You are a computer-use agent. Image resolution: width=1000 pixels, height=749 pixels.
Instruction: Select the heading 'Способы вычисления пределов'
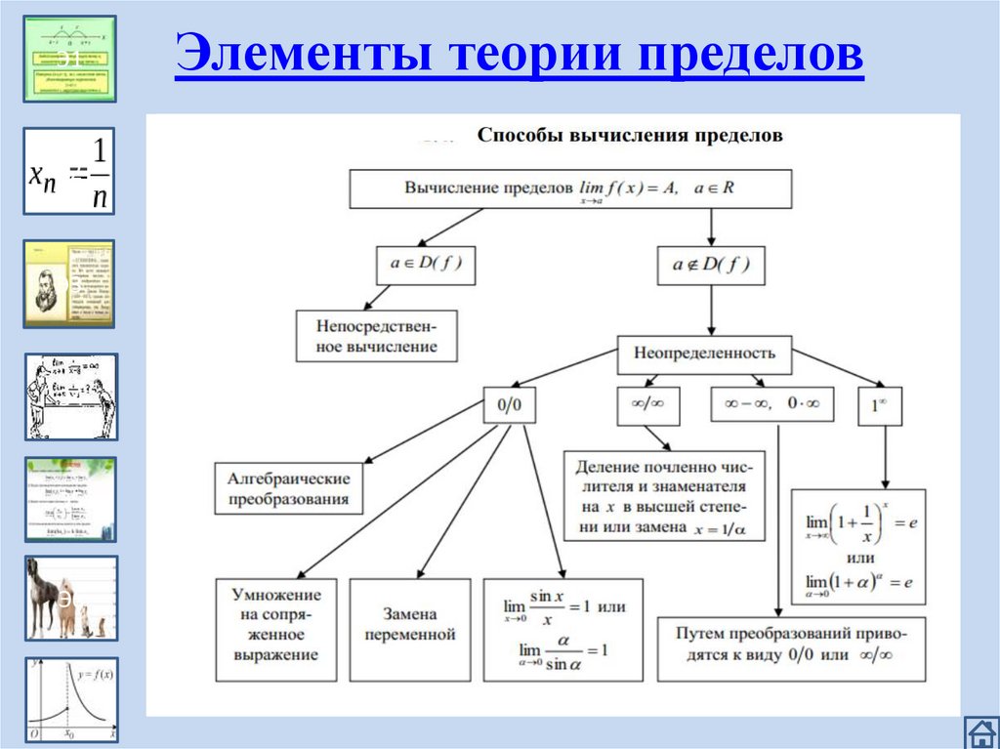tap(629, 136)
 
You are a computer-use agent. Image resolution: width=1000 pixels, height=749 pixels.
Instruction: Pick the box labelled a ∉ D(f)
tap(711, 265)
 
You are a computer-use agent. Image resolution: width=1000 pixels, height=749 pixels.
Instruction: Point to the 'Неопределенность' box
tap(704, 354)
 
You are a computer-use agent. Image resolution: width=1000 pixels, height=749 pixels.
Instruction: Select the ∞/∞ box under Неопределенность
tap(641, 405)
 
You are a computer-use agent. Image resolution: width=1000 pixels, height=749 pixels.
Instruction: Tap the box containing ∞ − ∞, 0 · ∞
tap(771, 404)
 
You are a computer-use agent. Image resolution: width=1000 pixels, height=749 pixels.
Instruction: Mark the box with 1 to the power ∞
tap(879, 404)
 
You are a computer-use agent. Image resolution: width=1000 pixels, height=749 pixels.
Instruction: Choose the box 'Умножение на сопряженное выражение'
tap(275, 629)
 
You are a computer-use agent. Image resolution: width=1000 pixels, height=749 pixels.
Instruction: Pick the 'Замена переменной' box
tap(410, 629)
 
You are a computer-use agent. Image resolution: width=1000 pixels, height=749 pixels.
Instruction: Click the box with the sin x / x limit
tap(563, 629)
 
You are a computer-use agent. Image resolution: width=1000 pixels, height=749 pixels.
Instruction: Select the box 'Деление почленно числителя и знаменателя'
tap(663, 495)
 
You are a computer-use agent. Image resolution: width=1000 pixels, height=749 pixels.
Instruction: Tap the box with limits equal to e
tap(858, 547)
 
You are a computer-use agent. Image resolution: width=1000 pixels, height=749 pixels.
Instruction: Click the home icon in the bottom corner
tap(979, 730)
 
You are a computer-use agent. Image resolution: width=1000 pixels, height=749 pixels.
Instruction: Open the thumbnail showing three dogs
tap(70, 598)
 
